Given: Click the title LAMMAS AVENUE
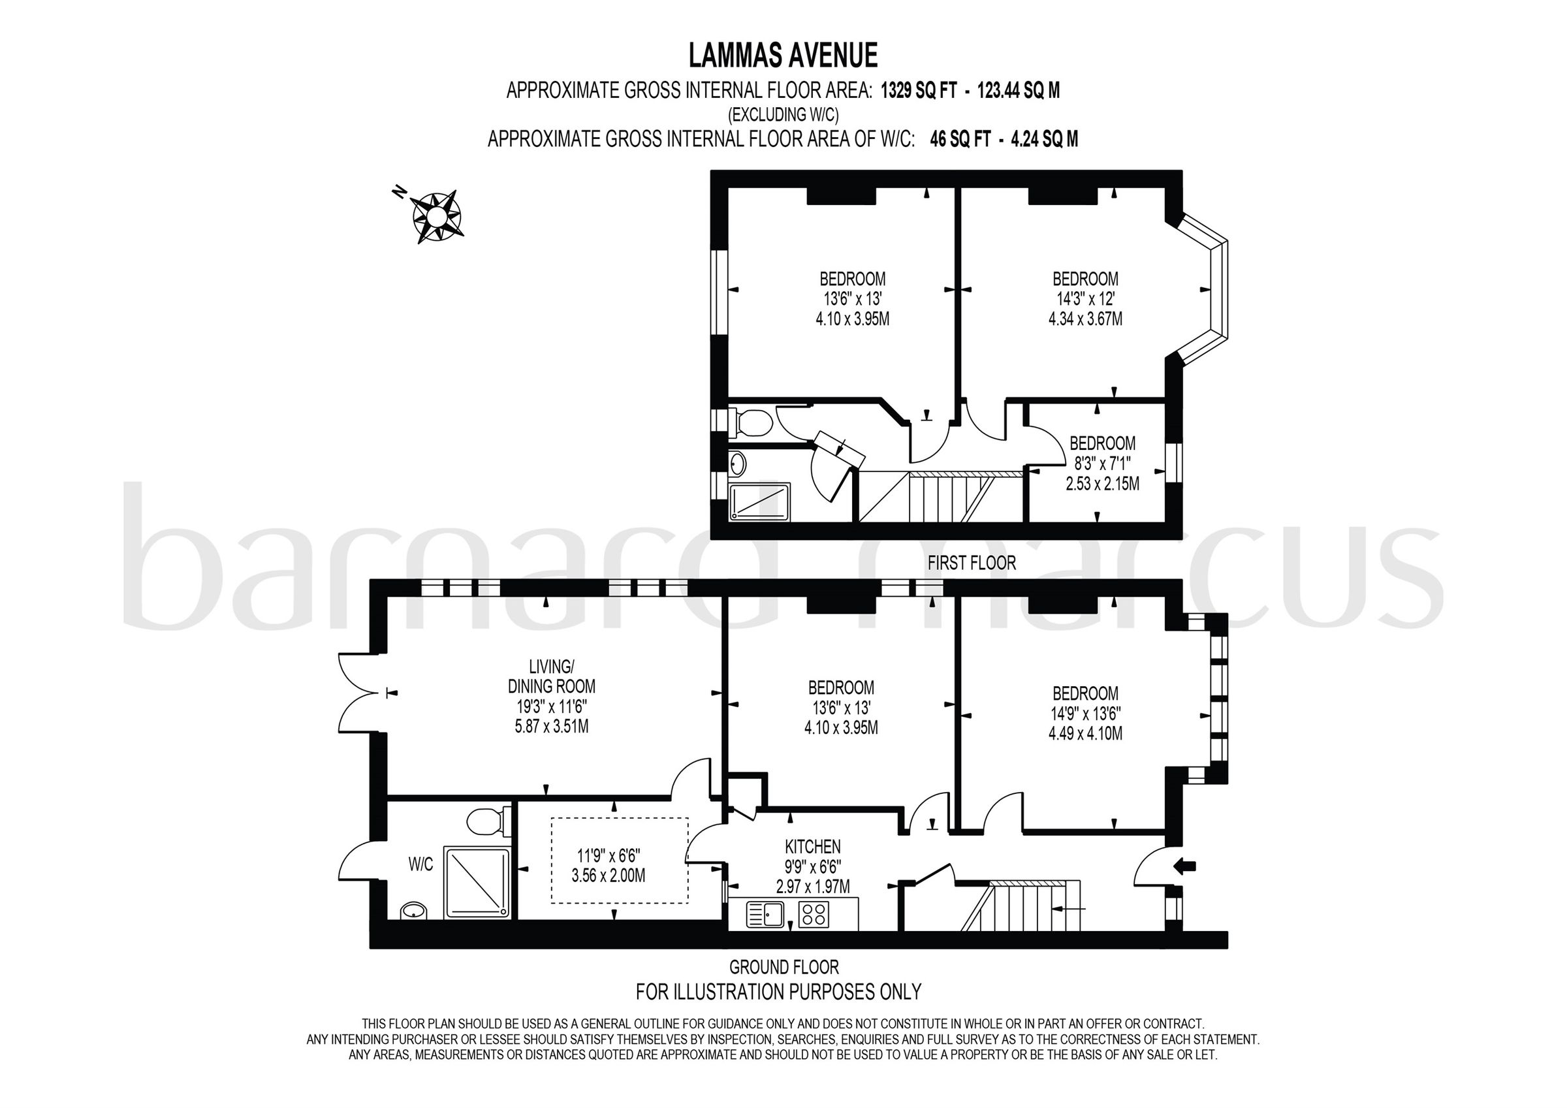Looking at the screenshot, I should point(783,56).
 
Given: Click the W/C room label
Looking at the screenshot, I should point(420,864).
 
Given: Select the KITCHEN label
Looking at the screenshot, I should point(812,847).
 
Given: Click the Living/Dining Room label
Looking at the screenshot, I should point(552,676).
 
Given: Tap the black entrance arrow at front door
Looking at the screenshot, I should point(1184,866).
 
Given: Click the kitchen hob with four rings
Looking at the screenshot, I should point(813,914).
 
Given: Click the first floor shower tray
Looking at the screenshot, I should point(759,502).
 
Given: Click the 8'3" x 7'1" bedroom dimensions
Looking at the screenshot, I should point(1102,464).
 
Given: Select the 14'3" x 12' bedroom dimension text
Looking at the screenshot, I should point(1085,299).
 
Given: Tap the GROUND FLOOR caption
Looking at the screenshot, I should point(783,967).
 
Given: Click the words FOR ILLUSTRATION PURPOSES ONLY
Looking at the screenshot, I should point(778,991).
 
